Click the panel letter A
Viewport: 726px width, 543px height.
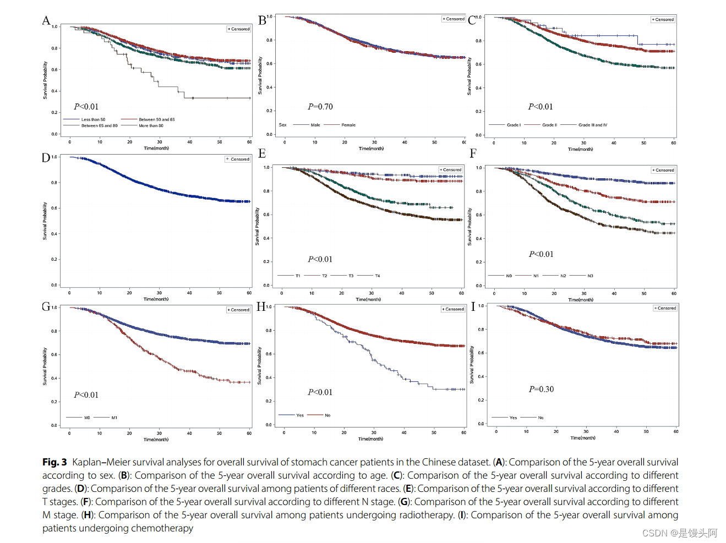pyautogui.click(x=46, y=21)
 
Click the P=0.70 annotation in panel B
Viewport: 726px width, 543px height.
pyautogui.click(x=320, y=107)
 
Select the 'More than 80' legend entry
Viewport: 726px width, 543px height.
pyautogui.click(x=151, y=125)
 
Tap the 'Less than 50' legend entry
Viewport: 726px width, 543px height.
pyautogui.click(x=93, y=119)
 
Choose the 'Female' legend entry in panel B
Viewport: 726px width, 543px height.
pyautogui.click(x=348, y=125)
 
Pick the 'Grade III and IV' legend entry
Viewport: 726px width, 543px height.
pyautogui.click(x=593, y=125)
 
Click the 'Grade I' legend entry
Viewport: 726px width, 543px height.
pyautogui.click(x=514, y=125)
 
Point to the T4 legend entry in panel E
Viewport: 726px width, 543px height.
pyautogui.click(x=378, y=276)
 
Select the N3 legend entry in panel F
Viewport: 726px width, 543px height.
pyautogui.click(x=590, y=276)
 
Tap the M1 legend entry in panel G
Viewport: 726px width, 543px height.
pyautogui.click(x=114, y=418)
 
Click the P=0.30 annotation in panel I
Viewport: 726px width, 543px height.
pyautogui.click(x=541, y=389)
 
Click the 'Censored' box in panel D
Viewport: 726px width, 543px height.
pyautogui.click(x=238, y=159)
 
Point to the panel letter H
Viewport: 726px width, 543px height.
pyautogui.click(x=261, y=307)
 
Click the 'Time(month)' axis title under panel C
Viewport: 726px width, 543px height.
pyautogui.click(x=580, y=149)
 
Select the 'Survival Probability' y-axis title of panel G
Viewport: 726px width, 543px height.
pyautogui.click(x=45, y=366)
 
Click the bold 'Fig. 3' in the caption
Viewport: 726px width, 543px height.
pyautogui.click(x=54, y=462)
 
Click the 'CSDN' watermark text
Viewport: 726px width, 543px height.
pyautogui.click(x=654, y=533)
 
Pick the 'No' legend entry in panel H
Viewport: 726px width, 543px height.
pyautogui.click(x=327, y=415)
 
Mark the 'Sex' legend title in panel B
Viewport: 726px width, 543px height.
pyautogui.click(x=282, y=125)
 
